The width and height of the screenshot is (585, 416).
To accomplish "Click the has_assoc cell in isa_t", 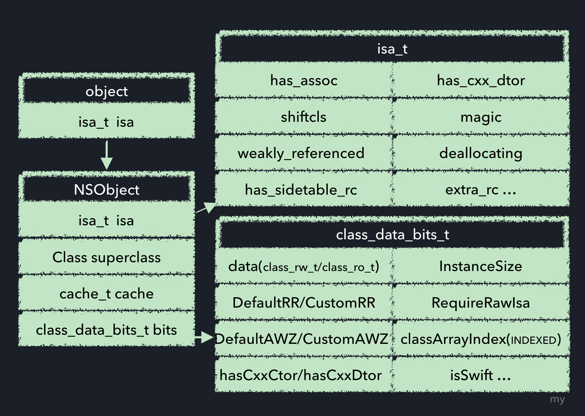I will pyautogui.click(x=304, y=80).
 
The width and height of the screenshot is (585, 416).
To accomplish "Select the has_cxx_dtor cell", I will pyautogui.click(x=481, y=80).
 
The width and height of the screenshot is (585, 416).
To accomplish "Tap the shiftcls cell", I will pyautogui.click(x=304, y=117).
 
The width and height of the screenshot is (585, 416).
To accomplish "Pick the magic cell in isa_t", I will pyautogui.click(x=481, y=117).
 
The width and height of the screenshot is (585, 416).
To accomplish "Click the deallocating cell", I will pyautogui.click(x=481, y=153).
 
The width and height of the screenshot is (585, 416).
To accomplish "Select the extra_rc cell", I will pyautogui.click(x=481, y=190).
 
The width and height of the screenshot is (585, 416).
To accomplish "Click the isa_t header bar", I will pyautogui.click(x=392, y=49).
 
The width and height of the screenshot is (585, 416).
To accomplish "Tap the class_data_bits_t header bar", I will pyautogui.click(x=392, y=234).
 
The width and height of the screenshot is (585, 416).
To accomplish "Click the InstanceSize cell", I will pyautogui.click(x=481, y=266).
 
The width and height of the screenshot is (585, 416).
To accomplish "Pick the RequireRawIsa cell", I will pyautogui.click(x=481, y=303).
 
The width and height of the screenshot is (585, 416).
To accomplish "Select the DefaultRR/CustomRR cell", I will pyautogui.click(x=304, y=303).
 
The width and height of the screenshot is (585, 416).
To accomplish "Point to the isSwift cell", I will pyautogui.click(x=481, y=375).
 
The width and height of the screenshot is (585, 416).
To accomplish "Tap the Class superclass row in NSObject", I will pyautogui.click(x=106, y=257).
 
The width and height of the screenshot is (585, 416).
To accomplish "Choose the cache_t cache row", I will pyautogui.click(x=106, y=294).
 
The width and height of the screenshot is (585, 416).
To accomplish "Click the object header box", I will pyautogui.click(x=106, y=91).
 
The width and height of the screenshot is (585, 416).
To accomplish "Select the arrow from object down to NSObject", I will pyautogui.click(x=106, y=155).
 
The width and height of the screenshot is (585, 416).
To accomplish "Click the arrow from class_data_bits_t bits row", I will pyautogui.click(x=204, y=338).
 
